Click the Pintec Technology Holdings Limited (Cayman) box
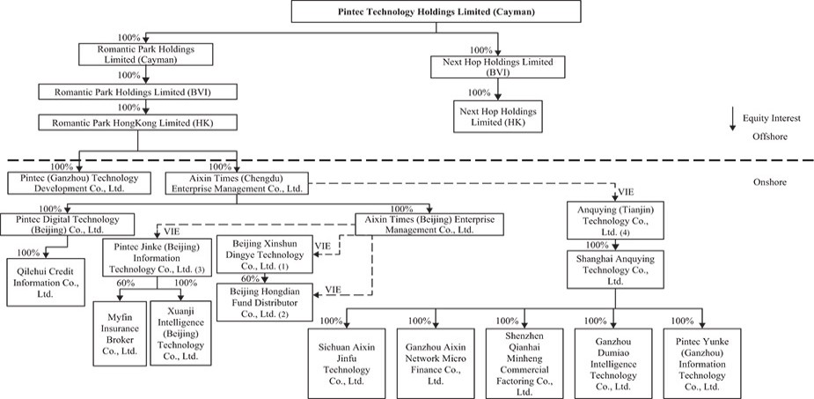(x=436, y=11)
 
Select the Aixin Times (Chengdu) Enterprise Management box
(x=235, y=182)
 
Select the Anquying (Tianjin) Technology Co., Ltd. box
(x=613, y=218)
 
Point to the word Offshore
(x=769, y=137)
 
